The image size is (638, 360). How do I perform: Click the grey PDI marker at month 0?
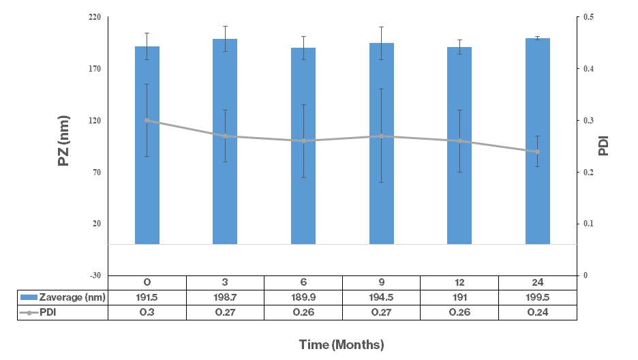147,121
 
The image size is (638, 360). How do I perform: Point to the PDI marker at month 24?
538,151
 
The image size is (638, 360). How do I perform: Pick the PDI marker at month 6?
303,141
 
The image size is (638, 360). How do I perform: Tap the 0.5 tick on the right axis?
589,17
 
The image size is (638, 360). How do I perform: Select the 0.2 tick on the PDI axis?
589,172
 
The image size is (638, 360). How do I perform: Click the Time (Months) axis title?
341,344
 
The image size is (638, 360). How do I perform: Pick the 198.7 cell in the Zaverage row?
225,297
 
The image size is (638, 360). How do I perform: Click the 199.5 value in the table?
538,297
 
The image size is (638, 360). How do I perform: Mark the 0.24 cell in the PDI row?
538,312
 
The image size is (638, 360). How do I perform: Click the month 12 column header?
459,282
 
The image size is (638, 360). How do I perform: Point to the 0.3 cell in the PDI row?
147,312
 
